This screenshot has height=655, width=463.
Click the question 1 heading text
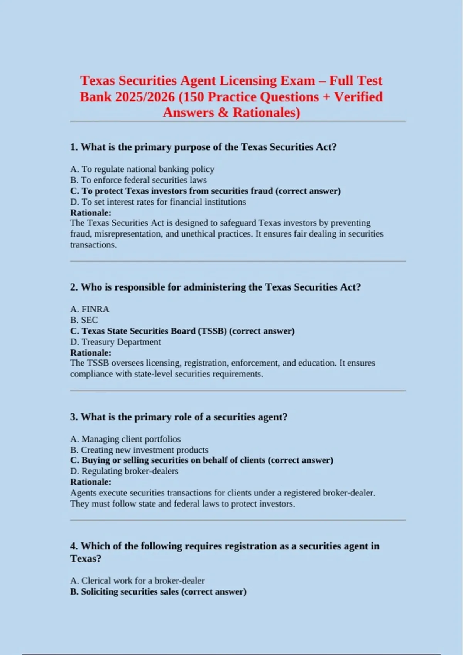(203, 147)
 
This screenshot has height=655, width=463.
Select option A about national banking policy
(142, 169)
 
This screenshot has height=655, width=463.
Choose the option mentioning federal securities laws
(138, 180)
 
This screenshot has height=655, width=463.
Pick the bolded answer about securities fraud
(205, 191)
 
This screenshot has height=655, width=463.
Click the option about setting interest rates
(158, 202)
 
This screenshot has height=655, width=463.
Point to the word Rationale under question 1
(91, 213)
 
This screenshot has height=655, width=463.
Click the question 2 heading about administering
(215, 287)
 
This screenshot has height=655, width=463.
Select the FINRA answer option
(90, 309)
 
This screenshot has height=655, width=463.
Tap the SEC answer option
(84, 320)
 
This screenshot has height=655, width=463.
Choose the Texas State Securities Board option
(182, 331)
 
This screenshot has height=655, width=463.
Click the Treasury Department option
(115, 342)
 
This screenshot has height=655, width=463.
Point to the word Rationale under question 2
(91, 353)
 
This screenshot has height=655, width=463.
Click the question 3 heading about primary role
(179, 417)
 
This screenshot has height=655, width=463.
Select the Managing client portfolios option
(125, 439)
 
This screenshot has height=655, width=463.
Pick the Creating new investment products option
(139, 450)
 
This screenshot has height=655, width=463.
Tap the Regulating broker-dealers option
(124, 471)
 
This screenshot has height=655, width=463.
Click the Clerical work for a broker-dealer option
(137, 581)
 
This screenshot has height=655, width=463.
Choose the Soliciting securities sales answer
(158, 591)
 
